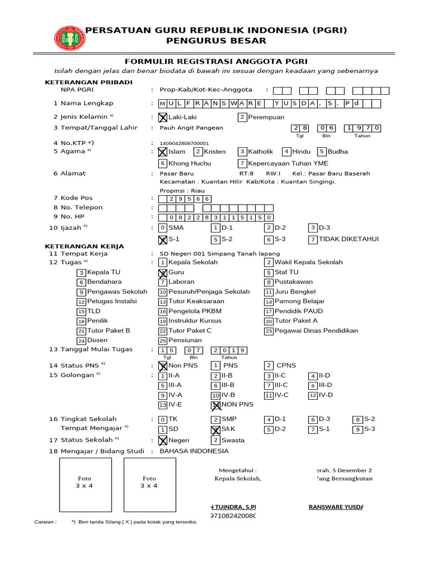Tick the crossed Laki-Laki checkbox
click(163, 117)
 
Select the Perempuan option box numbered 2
click(242, 117)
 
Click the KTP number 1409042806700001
click(184, 143)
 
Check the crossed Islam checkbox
click(163, 152)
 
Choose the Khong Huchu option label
click(186, 163)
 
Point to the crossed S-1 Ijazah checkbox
click(163, 240)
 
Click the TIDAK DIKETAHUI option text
click(348, 239)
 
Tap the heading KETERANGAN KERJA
click(84, 246)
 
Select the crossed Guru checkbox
click(163, 273)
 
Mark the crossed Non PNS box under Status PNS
click(163, 366)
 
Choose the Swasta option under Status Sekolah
click(234, 440)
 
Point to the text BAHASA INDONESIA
click(194, 451)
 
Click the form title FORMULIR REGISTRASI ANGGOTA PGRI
click(215, 61)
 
